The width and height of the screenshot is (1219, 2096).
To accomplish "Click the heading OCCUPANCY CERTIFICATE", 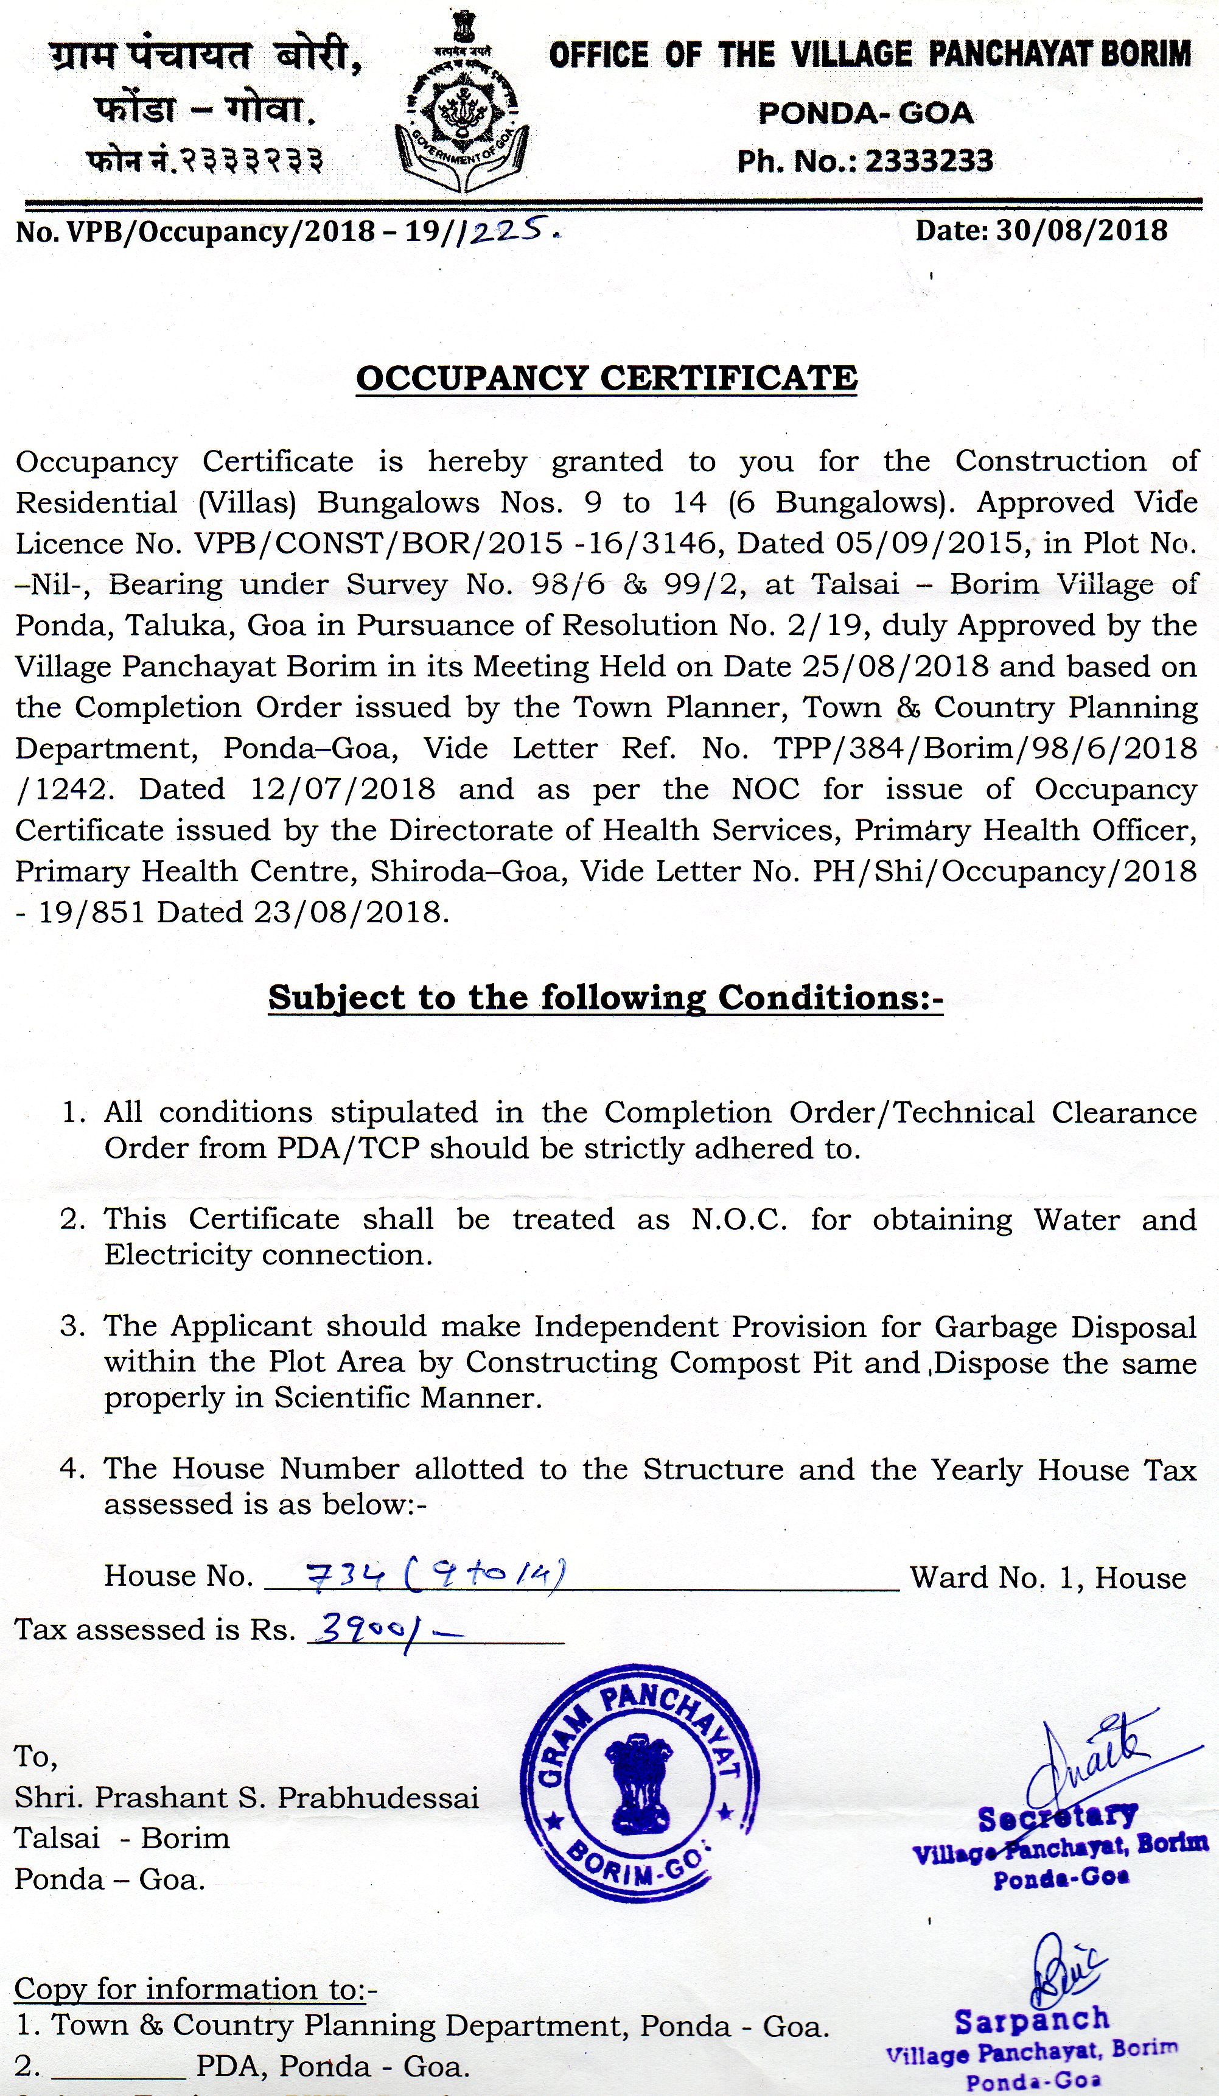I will pos(606,379).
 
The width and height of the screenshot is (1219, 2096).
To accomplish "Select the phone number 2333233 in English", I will pos(929,161).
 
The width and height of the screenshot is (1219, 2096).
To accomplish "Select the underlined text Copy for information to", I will pos(195,1989).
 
